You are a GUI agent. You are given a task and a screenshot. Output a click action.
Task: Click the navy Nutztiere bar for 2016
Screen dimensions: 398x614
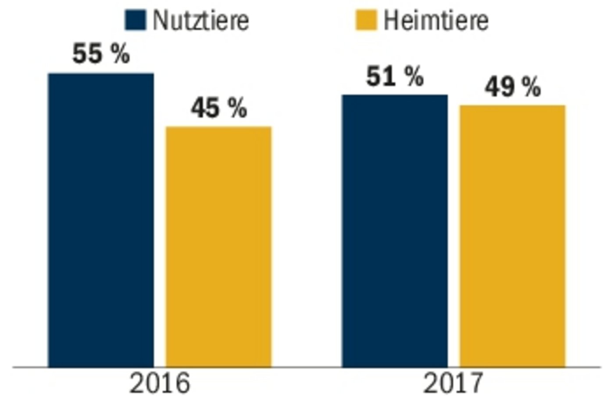(101, 220)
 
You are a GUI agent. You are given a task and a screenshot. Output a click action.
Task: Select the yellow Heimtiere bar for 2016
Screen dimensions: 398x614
(218, 246)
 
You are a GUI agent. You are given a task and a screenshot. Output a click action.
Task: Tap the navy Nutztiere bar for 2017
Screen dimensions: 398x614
(395, 231)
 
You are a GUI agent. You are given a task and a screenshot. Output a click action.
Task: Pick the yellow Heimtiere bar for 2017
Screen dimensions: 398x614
(512, 236)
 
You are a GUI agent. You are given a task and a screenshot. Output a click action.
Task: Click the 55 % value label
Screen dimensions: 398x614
(101, 54)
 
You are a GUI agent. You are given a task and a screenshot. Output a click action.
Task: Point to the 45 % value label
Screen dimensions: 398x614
(218, 108)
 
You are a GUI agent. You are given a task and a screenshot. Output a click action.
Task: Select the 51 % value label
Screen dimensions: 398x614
(395, 76)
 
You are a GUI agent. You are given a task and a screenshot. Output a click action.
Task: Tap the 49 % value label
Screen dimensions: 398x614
(512, 87)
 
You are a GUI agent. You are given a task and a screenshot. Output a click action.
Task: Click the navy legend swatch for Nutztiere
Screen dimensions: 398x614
(135, 20)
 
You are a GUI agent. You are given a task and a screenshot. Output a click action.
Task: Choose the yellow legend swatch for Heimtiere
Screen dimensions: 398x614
(366, 20)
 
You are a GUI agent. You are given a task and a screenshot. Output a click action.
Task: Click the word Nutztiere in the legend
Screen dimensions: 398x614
(201, 20)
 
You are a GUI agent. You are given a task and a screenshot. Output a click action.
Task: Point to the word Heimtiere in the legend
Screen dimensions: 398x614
(436, 20)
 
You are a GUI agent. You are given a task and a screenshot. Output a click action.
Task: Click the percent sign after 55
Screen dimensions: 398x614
(120, 54)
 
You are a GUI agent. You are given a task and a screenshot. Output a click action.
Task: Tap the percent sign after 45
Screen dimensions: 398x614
(237, 108)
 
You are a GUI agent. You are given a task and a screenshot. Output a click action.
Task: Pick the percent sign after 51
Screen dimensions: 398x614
(414, 76)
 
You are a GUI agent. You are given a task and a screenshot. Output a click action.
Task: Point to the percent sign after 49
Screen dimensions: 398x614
(531, 87)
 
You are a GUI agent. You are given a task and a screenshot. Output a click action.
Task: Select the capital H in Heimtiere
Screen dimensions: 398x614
(391, 20)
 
